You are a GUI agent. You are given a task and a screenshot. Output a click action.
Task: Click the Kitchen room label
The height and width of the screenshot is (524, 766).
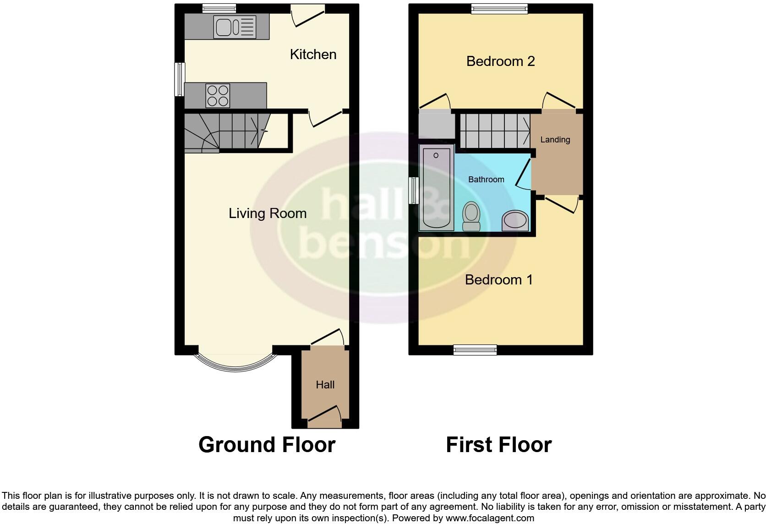(313, 55)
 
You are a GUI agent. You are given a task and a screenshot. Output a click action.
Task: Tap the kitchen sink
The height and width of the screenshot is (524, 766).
(234, 27)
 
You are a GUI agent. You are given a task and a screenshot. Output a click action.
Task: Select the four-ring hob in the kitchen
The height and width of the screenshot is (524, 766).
(218, 96)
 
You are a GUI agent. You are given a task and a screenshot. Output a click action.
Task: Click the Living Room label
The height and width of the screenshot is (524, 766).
(268, 213)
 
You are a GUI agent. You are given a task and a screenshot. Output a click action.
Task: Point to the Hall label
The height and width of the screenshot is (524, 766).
(325, 385)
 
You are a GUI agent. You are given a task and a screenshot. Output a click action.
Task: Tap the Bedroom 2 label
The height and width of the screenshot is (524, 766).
(500, 61)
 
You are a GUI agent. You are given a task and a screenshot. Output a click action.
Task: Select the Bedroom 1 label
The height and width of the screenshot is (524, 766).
(499, 280)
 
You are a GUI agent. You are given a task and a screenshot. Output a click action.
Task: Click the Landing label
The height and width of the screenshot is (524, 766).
(555, 140)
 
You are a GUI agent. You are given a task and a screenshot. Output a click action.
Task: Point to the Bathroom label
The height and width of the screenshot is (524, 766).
(486, 180)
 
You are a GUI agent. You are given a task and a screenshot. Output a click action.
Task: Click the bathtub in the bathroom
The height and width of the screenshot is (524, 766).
(436, 188)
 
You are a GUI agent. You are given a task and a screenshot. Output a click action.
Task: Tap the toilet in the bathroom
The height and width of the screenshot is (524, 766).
(471, 216)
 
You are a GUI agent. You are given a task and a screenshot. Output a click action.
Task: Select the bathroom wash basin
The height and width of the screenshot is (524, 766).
(515, 220)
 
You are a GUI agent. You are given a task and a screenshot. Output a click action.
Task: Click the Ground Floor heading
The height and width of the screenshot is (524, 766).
(267, 445)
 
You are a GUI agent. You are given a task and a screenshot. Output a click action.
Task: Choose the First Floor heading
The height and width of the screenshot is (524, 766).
(498, 445)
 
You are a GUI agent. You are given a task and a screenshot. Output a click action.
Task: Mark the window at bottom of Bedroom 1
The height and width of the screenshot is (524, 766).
(475, 350)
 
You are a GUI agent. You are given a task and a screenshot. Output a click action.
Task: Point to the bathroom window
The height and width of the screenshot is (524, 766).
(414, 190)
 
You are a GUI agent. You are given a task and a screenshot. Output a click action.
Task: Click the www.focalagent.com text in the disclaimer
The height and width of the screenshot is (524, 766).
(490, 519)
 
